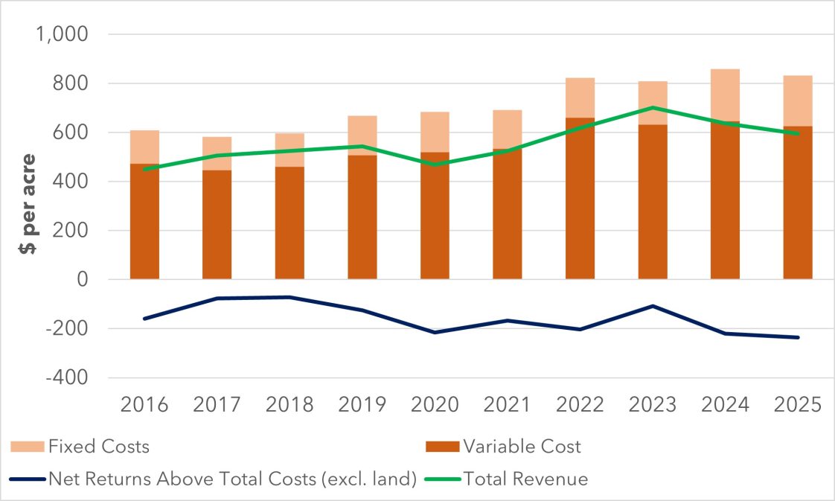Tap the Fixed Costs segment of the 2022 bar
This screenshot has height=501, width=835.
tap(580, 98)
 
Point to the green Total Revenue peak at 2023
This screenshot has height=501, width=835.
tap(653, 107)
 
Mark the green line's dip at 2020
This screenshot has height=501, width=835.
tap(435, 165)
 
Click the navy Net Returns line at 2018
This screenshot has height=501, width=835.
tap(289, 297)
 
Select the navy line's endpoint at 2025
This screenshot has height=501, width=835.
tap(798, 337)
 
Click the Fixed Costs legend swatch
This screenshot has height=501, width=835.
tap(27, 447)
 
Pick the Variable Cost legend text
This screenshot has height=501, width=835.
tap(521, 447)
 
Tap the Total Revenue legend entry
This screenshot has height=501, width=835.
tap(525, 479)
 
